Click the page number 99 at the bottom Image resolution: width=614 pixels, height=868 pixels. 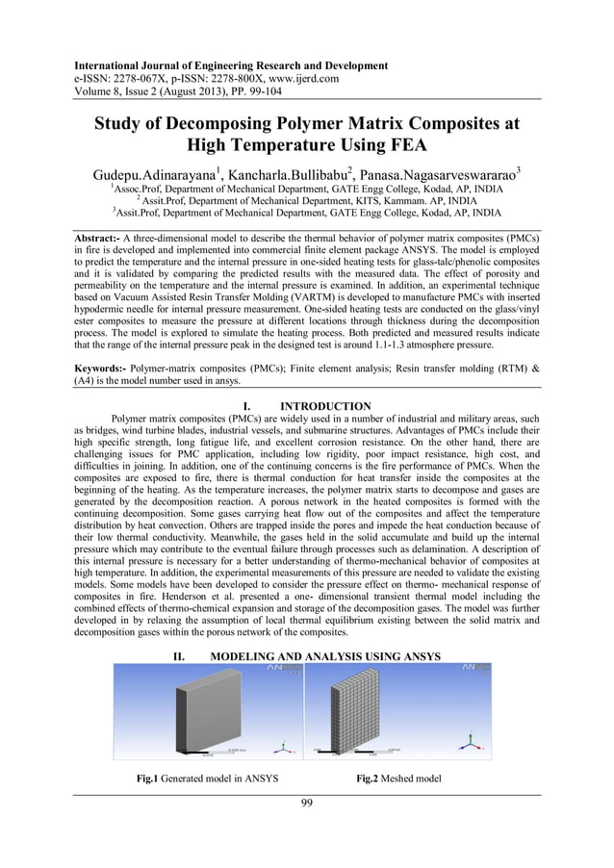pos(307,804)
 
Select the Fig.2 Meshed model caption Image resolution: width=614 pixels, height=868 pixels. pos(398,779)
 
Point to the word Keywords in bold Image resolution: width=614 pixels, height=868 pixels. pos(101,369)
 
